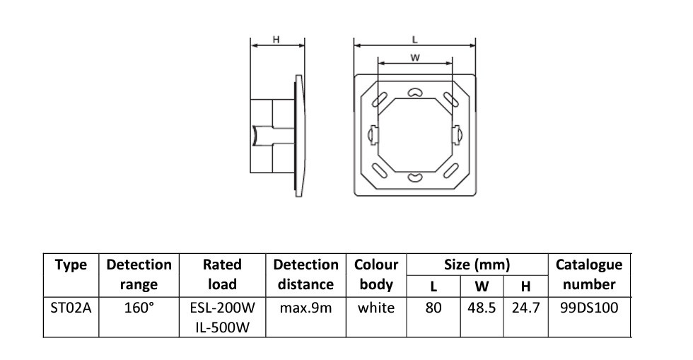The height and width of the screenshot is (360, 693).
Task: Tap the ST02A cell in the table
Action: coord(71,308)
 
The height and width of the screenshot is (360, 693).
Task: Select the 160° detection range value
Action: coord(139,308)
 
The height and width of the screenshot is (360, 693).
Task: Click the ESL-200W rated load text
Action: coord(223,308)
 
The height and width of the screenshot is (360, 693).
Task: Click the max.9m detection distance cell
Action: coord(305,308)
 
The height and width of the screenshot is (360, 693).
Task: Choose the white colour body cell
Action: coord(376,308)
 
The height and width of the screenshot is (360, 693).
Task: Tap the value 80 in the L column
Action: coord(433,308)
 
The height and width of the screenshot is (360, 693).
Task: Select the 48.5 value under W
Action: coord(481,308)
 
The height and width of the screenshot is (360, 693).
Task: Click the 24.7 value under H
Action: coord(525,308)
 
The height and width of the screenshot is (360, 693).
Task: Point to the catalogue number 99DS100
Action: coord(589,308)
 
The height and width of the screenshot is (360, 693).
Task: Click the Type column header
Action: coord(71,265)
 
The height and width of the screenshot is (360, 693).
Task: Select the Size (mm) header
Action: coord(477,265)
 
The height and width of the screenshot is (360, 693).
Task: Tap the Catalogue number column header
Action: coord(589,274)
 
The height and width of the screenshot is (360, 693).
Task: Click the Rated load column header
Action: coord(223,274)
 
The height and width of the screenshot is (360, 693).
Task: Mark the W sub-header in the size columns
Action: coord(481,286)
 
